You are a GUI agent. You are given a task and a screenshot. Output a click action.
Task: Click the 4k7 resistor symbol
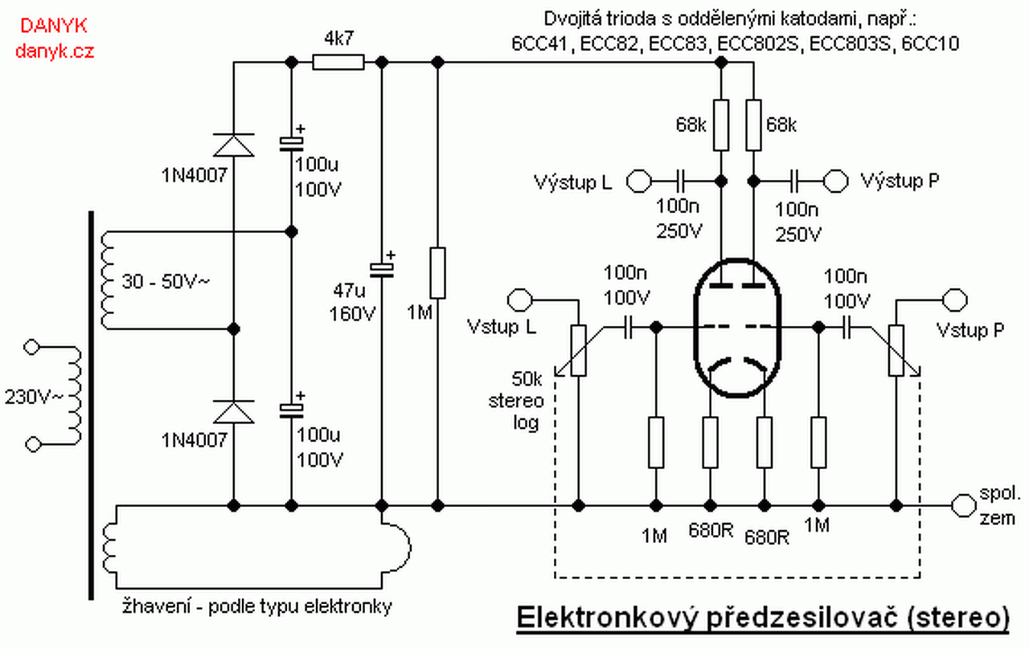pyautogui.click(x=338, y=62)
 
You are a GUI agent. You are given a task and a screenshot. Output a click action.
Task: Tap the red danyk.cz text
pyautogui.click(x=55, y=51)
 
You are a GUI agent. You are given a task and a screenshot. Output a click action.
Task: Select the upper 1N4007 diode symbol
pyautogui.click(x=234, y=145)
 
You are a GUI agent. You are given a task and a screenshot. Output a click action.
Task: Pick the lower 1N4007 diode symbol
pyautogui.click(x=234, y=412)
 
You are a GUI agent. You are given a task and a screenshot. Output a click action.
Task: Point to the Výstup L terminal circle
pyautogui.click(x=639, y=182)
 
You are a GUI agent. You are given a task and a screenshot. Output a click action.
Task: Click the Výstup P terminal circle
pyautogui.click(x=835, y=181)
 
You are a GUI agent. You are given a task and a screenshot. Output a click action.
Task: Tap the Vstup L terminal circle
pyautogui.click(x=520, y=300)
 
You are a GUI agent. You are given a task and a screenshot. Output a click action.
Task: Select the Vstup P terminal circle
pyautogui.click(x=954, y=300)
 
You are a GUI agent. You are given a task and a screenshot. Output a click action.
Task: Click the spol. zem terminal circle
pyautogui.click(x=963, y=506)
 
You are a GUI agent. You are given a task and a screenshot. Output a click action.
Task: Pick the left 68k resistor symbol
pyautogui.click(x=721, y=124)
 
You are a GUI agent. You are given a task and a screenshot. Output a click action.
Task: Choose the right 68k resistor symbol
pyautogui.click(x=753, y=124)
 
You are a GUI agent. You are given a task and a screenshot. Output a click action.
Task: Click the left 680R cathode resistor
pyautogui.click(x=710, y=443)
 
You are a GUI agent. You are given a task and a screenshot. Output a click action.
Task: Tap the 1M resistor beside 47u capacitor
pyautogui.click(x=437, y=273)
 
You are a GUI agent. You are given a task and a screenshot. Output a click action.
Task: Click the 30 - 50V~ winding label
pyautogui.click(x=166, y=281)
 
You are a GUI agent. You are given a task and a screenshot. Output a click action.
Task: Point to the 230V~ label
pyautogui.click(x=33, y=397)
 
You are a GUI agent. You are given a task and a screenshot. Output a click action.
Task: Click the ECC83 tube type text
pyautogui.click(x=677, y=44)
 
